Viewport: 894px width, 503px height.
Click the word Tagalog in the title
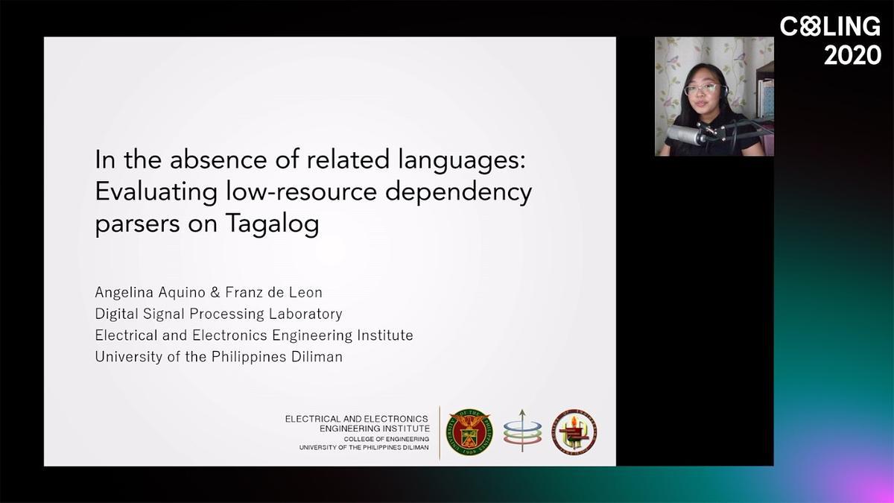click(273, 223)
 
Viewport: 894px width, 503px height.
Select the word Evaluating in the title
click(156, 192)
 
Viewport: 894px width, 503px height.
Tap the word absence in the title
click(218, 159)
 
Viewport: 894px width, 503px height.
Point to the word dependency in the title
click(459, 192)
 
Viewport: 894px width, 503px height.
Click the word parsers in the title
click(137, 224)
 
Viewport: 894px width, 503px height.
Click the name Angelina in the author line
click(124, 293)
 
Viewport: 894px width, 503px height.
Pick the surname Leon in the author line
click(305, 292)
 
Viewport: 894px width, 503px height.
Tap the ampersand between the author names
click(215, 292)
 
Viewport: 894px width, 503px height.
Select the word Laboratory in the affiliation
click(305, 314)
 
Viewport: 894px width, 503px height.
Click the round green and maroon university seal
click(469, 432)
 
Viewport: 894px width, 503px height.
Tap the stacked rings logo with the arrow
click(522, 431)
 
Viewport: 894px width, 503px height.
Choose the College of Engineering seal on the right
click(574, 432)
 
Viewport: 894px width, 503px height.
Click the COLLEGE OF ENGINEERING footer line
click(387, 439)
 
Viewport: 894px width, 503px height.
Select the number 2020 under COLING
click(852, 54)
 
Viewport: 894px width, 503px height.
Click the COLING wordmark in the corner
click(830, 26)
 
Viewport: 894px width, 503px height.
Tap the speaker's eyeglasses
click(702, 89)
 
